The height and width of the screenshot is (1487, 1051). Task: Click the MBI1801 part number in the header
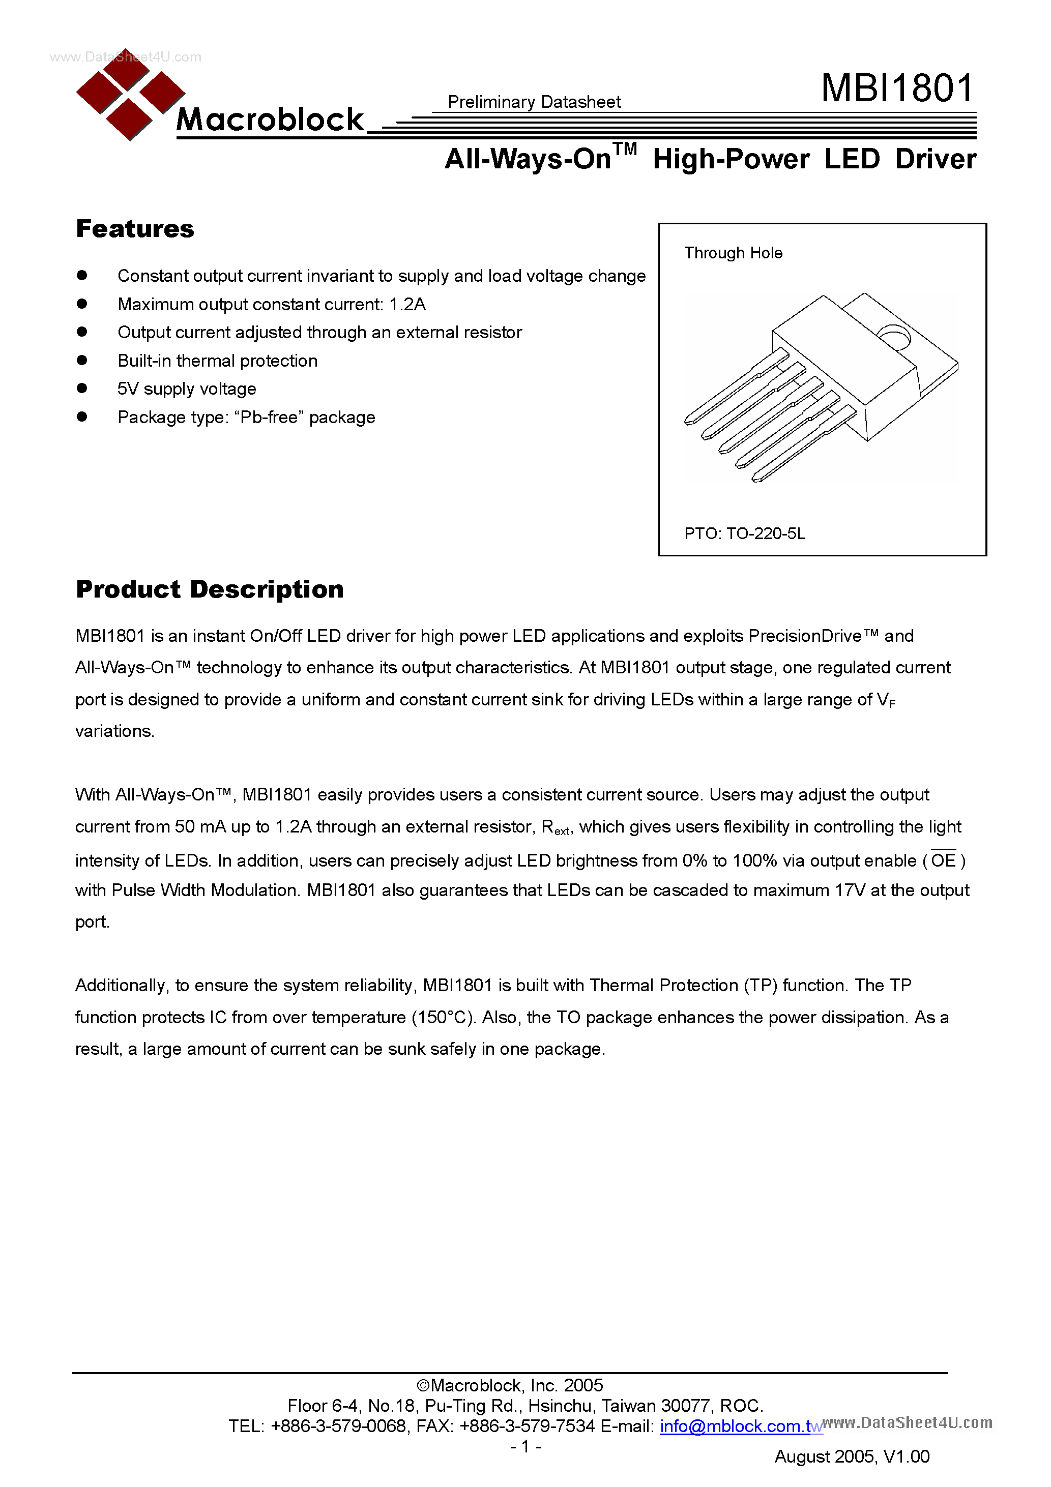(x=897, y=88)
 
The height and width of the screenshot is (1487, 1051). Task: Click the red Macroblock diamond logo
(x=130, y=95)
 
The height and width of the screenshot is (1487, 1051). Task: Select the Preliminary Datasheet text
(x=534, y=102)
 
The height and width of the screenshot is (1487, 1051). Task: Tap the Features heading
(x=135, y=229)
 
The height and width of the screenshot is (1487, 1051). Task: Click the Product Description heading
(x=209, y=589)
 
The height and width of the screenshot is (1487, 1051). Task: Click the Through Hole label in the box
(x=733, y=253)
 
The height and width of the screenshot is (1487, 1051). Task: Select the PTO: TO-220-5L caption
(x=745, y=533)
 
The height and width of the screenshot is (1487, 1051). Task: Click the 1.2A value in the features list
(x=407, y=305)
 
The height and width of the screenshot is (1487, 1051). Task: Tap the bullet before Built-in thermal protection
(x=81, y=360)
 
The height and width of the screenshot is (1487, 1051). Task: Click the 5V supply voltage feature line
(x=187, y=389)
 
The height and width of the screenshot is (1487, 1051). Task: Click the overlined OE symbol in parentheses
(x=944, y=860)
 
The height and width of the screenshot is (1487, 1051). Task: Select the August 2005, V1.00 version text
(x=852, y=1456)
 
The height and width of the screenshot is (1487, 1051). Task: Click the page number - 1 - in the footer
(x=525, y=1446)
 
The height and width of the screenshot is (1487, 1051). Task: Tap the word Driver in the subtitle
(x=935, y=159)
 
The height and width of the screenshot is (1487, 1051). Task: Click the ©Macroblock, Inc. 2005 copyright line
(x=509, y=1385)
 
